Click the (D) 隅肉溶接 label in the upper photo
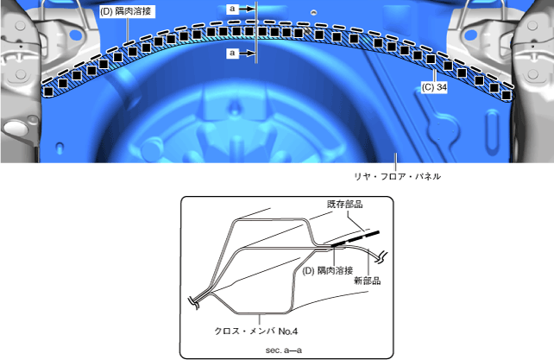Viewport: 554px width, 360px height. coord(126,11)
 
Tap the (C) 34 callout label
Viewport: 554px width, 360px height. coord(434,87)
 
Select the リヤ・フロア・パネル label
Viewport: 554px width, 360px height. coord(398,176)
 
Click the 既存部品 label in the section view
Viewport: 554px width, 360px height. coord(344,204)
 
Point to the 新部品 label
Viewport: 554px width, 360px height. coord(368,281)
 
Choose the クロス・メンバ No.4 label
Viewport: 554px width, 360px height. coord(256,332)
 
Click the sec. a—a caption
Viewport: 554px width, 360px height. coord(284,351)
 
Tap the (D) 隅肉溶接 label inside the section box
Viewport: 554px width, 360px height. coord(328,270)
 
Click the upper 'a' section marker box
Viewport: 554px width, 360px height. coord(232,9)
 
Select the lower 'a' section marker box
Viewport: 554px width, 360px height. coord(232,53)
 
